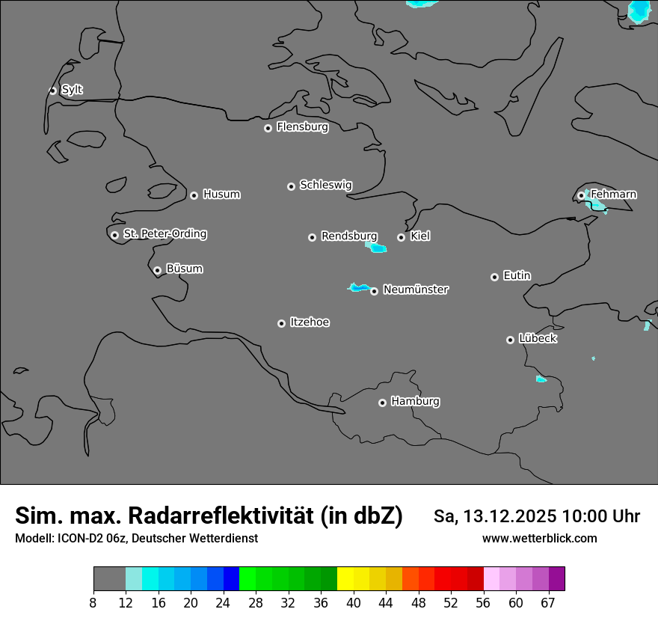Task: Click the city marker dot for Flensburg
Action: (x=268, y=128)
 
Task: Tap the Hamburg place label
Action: (x=415, y=402)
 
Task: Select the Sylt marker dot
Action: (x=53, y=91)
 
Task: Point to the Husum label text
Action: (x=221, y=195)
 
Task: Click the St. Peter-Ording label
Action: (x=164, y=234)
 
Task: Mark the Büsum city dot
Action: (x=157, y=270)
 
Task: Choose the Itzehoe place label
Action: (x=310, y=322)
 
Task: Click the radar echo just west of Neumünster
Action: (x=360, y=287)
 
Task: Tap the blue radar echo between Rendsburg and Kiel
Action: (x=376, y=247)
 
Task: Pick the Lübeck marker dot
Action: (x=510, y=340)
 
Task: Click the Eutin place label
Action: (x=517, y=276)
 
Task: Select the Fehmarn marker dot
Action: (x=581, y=195)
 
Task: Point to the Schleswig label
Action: (x=325, y=185)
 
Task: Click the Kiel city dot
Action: (x=401, y=237)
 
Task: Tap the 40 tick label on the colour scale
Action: (x=354, y=603)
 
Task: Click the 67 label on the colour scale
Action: (x=548, y=603)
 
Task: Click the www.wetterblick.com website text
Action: (x=539, y=539)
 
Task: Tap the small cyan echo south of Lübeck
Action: (x=541, y=379)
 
